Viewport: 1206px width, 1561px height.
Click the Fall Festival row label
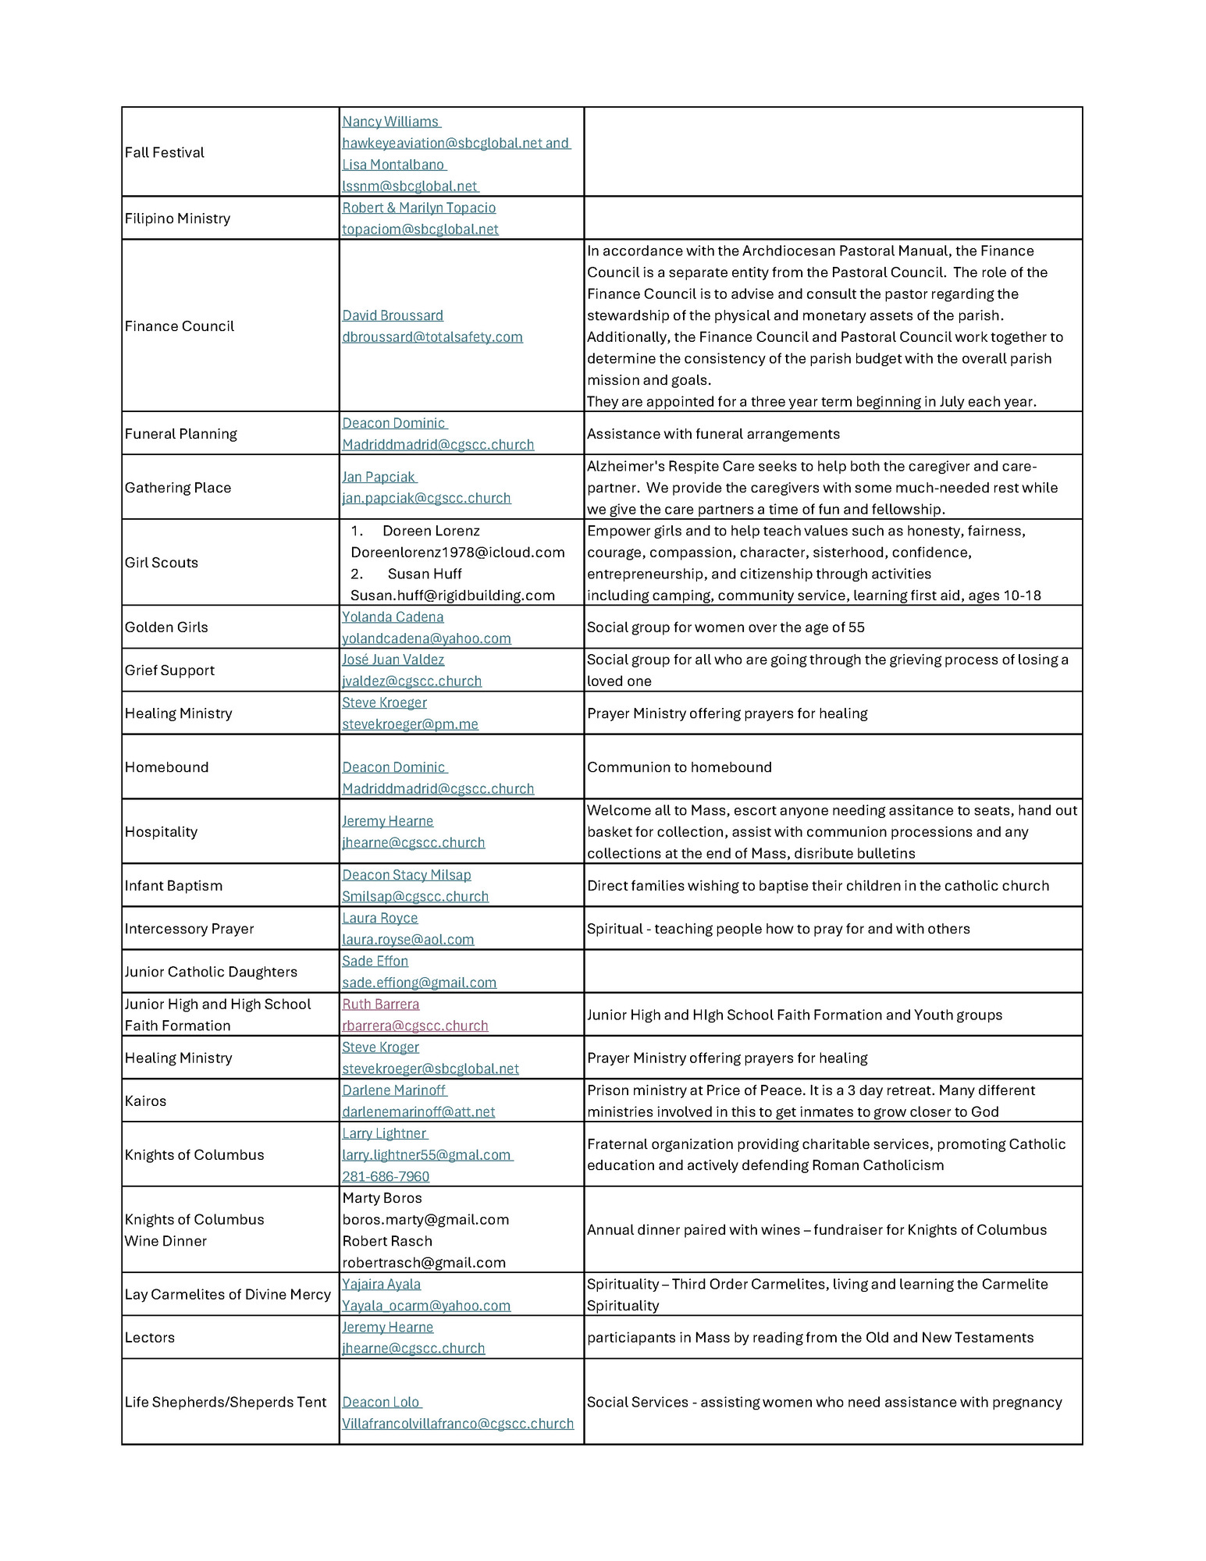[165, 152]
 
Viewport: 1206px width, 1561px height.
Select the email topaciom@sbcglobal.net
[420, 229]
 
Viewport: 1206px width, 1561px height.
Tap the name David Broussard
[393, 315]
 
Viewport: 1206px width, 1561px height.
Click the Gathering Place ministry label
[178, 488]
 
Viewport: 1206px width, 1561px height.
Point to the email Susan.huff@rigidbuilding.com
[453, 596]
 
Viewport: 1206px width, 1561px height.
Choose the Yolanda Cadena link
[393, 617]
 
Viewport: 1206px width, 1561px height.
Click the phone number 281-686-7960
[386, 1176]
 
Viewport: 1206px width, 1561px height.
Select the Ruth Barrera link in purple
[380, 1005]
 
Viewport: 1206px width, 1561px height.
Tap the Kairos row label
[145, 1101]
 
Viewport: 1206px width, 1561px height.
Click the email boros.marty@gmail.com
[425, 1219]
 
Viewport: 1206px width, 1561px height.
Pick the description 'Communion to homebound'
[679, 767]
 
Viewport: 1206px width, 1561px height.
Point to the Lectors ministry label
[150, 1338]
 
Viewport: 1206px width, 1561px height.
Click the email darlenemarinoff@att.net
[418, 1112]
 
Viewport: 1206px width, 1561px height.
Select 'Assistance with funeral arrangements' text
[713, 434]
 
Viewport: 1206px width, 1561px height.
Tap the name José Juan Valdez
[393, 660]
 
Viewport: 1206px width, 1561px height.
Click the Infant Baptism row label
[173, 886]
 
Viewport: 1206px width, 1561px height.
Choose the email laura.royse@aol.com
[407, 940]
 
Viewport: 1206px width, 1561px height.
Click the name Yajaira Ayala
[381, 1284]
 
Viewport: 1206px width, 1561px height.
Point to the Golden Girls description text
[725, 628]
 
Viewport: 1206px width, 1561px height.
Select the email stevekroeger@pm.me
[410, 724]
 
